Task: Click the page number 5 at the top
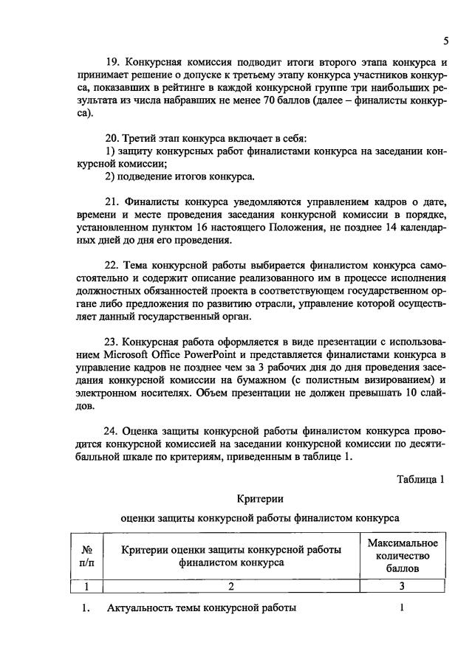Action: (x=445, y=40)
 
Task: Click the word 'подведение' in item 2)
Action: (x=148, y=176)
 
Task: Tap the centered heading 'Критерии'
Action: (x=259, y=499)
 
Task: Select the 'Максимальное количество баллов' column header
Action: (x=403, y=556)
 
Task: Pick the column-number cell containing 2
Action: (x=230, y=587)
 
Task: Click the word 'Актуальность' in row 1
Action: (x=141, y=609)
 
